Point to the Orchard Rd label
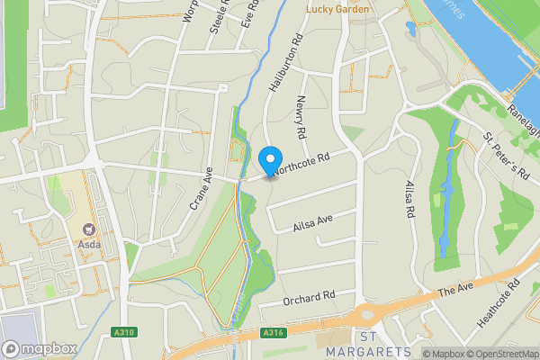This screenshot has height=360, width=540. click(309, 296)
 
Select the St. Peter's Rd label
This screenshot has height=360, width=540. click(502, 155)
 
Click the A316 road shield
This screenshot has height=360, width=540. click(274, 333)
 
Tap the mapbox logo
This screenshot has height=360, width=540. click(40, 348)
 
